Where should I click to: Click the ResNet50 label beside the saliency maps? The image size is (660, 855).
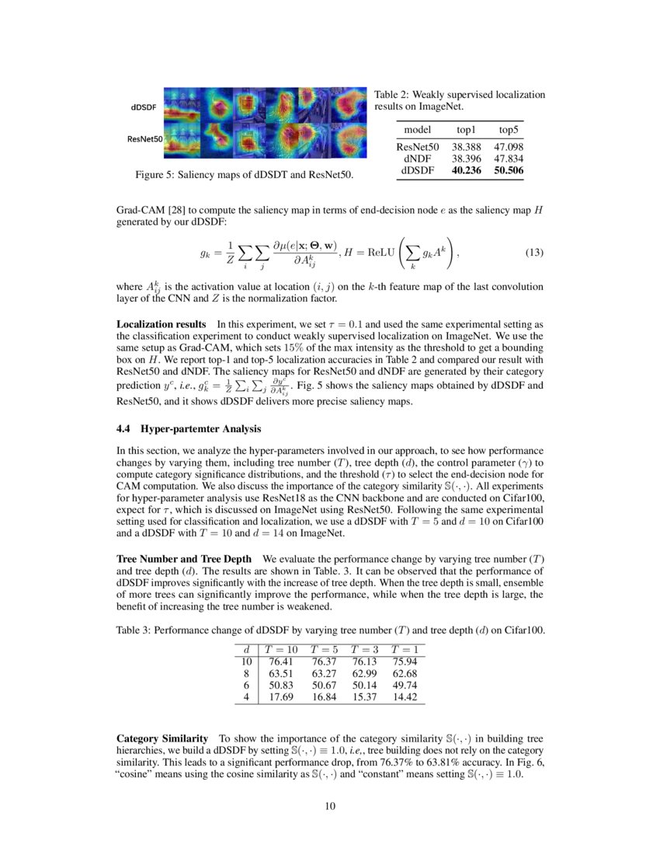point(144,139)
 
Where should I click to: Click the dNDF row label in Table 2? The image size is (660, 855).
point(417,157)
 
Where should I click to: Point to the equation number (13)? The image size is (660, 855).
point(535,253)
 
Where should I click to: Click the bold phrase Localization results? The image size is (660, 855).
point(161,323)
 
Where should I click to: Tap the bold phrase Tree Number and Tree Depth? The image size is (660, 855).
point(184,559)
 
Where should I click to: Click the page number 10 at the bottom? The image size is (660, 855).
point(330,806)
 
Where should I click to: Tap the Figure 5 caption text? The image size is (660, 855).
point(244,176)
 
